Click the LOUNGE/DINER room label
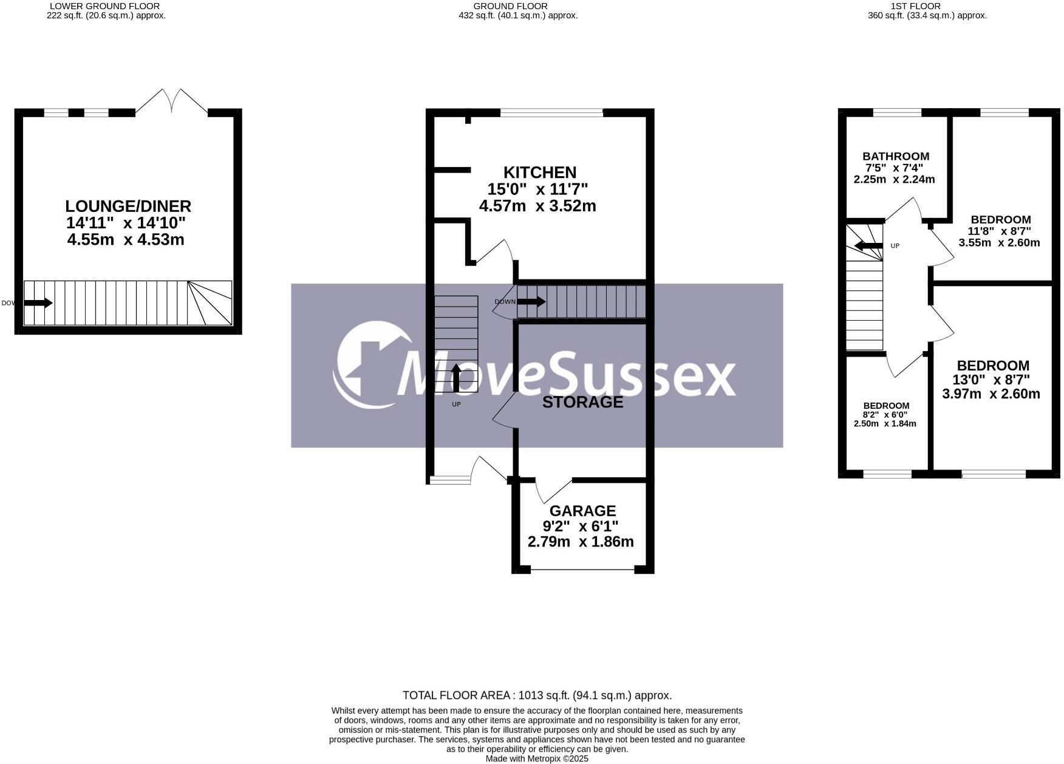click(x=128, y=206)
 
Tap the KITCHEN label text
click(x=539, y=172)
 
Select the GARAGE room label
click(x=582, y=511)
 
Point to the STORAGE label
click(x=582, y=402)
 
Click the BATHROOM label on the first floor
click(x=896, y=156)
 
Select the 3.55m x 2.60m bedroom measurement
click(x=999, y=243)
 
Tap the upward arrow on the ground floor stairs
click(x=456, y=377)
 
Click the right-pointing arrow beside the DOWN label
click(x=531, y=301)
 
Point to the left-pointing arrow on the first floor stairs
click(x=868, y=246)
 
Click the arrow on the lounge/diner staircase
click(x=38, y=302)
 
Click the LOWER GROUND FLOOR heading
click(x=104, y=6)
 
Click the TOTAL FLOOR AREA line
click(x=537, y=695)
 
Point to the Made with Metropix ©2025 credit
click(x=537, y=759)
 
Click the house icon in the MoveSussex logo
click(x=370, y=364)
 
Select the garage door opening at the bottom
click(x=582, y=570)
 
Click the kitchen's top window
click(x=551, y=112)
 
